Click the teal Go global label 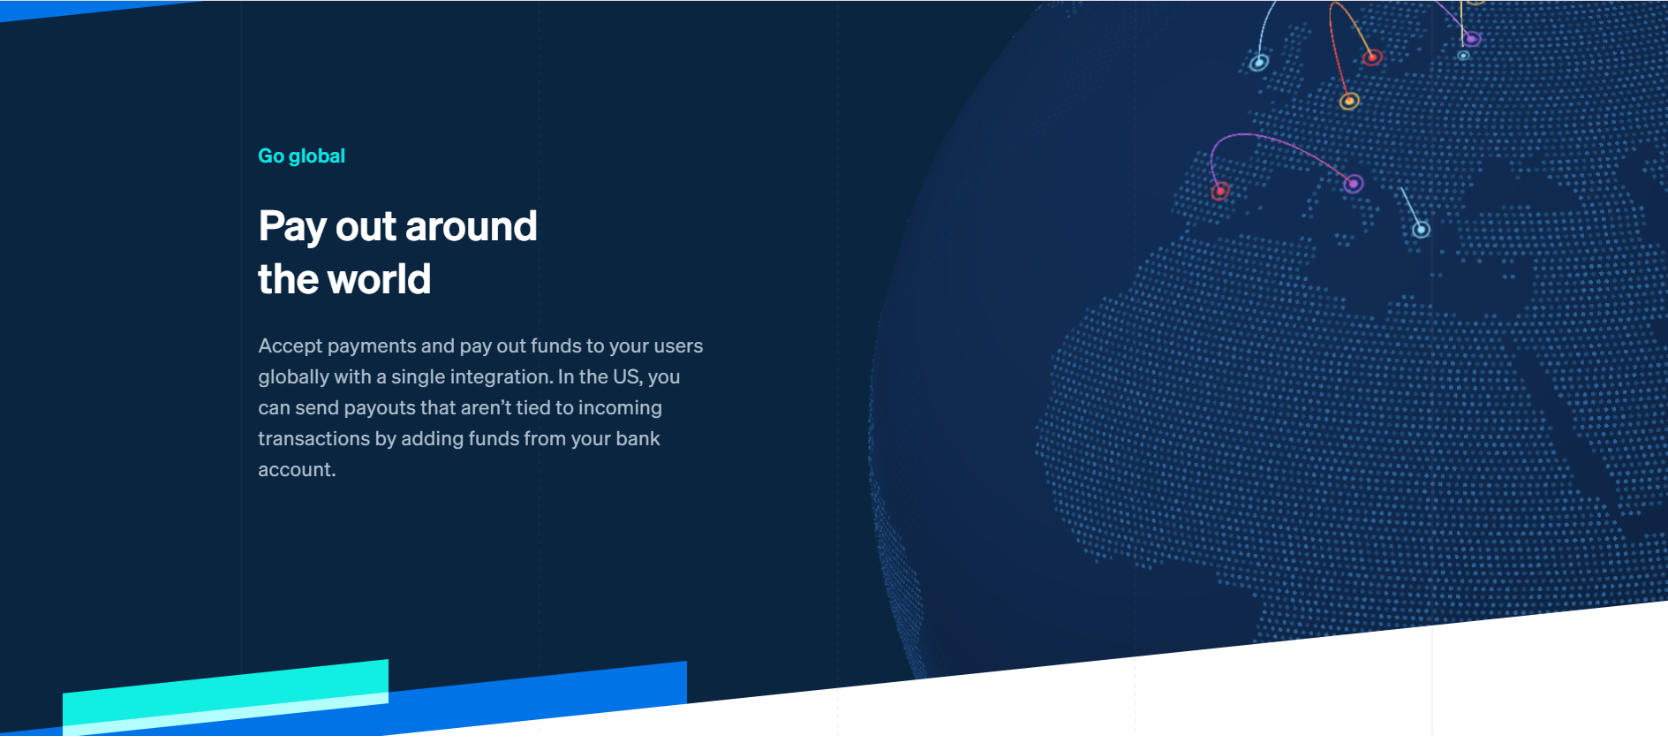(301, 156)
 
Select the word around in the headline (471, 226)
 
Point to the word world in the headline (380, 279)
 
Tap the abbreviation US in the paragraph (627, 376)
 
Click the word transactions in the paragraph (313, 438)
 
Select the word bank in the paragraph (638, 438)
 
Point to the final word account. (297, 470)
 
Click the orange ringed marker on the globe (1348, 101)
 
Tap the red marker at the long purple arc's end (1220, 191)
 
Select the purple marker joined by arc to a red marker (1353, 184)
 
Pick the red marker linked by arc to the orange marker (1371, 57)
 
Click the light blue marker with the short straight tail (1421, 230)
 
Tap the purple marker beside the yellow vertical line (1471, 38)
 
